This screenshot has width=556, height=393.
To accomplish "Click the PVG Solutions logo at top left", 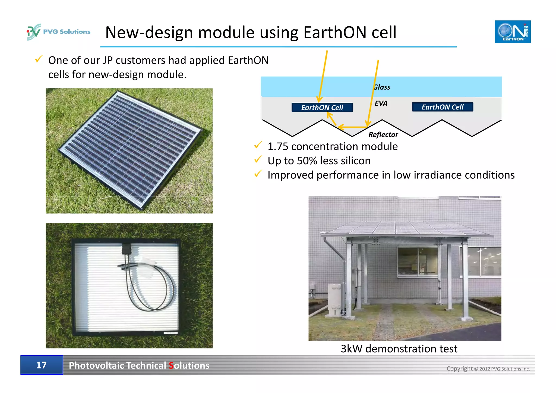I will [x=58, y=32].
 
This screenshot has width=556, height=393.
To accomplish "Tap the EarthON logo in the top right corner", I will [x=512, y=32].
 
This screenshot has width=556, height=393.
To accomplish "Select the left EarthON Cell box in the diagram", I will [x=322, y=108].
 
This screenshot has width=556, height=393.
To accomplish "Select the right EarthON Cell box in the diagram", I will [x=442, y=107].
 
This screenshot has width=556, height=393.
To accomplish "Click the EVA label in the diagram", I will [x=381, y=103].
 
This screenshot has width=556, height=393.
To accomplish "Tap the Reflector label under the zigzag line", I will [x=383, y=134].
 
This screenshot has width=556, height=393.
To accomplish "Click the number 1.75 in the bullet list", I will [x=277, y=146].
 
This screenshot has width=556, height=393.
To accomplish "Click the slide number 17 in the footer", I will [x=42, y=365].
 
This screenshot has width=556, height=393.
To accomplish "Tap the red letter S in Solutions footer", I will [x=171, y=366].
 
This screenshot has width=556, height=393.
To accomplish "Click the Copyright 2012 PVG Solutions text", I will [x=488, y=369].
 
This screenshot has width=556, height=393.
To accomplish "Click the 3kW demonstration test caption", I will [x=399, y=348].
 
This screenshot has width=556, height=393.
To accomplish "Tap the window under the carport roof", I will [x=418, y=262].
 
